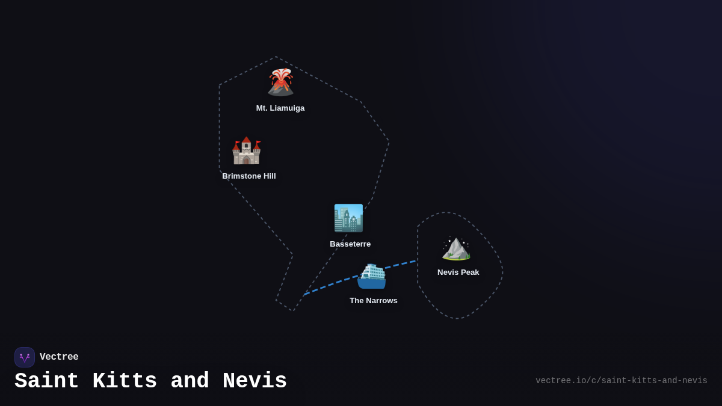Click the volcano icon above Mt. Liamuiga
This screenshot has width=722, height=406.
280,82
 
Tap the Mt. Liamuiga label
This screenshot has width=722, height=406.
280,108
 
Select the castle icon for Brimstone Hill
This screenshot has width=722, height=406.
246,150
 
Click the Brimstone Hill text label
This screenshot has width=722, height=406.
249,176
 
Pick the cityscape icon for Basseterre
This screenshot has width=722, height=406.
348,218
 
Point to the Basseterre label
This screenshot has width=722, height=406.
350,244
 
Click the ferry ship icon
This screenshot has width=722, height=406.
371,276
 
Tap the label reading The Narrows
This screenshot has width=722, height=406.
373,300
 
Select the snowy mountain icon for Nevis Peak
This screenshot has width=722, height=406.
456,248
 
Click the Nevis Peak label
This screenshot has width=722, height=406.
458,272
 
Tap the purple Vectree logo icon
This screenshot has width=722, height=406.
25,357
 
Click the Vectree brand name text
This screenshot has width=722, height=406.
59,357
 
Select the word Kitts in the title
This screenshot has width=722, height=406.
125,381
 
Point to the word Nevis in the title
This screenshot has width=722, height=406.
255,381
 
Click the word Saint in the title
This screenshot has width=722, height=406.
47,381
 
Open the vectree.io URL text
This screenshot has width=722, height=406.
621,381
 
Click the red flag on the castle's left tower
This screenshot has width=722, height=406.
238,143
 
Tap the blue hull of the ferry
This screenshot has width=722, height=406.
371,283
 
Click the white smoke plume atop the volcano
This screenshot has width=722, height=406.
281,74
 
